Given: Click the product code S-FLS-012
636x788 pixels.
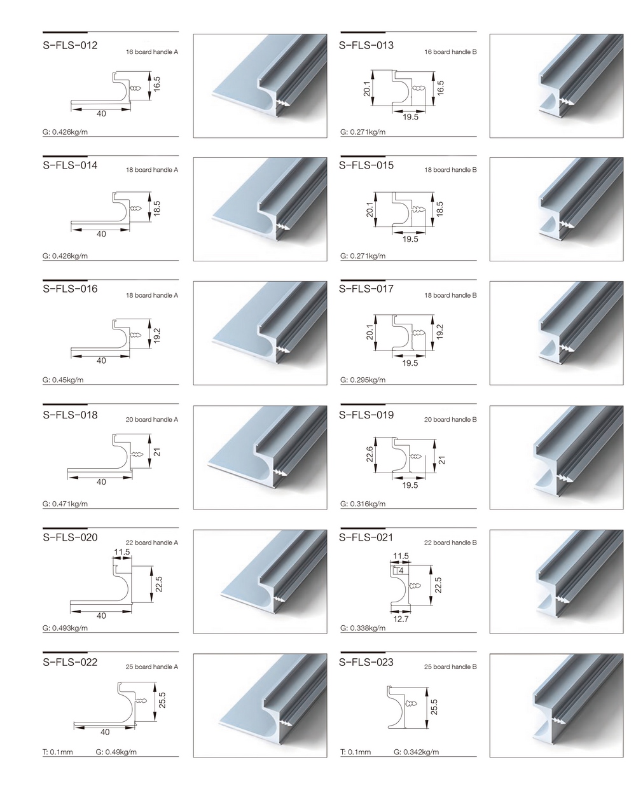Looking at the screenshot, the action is pyautogui.click(x=70, y=45).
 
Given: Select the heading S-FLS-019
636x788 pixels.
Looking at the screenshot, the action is pyautogui.click(x=366, y=415).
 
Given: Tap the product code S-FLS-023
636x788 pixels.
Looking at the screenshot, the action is pyautogui.click(x=366, y=662).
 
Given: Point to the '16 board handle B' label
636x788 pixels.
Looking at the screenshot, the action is pyautogui.click(x=450, y=52).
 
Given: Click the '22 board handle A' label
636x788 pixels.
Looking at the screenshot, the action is pyautogui.click(x=152, y=543).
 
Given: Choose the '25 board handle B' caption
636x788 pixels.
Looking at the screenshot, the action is pyautogui.click(x=450, y=667).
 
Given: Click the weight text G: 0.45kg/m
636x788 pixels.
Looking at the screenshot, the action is pyautogui.click(x=63, y=380).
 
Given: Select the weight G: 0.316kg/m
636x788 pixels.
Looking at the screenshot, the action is pyautogui.click(x=363, y=504).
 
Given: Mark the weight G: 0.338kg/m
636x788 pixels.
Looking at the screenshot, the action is pyautogui.click(x=363, y=628).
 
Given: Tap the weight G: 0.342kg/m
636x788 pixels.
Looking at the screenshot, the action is pyautogui.click(x=416, y=752).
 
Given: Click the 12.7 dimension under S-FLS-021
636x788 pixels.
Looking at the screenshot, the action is pyautogui.click(x=401, y=619).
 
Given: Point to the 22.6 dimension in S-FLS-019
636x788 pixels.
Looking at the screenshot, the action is pyautogui.click(x=370, y=454).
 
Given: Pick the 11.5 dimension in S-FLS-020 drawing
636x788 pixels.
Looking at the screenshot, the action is pyautogui.click(x=121, y=552).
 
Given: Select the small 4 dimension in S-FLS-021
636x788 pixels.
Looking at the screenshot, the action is pyautogui.click(x=401, y=571).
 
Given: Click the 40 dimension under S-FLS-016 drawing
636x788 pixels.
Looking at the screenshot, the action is pyautogui.click(x=101, y=361).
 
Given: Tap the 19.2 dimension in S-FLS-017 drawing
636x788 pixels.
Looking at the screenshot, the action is pyautogui.click(x=439, y=331).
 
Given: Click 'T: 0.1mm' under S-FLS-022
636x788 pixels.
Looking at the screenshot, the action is pyautogui.click(x=58, y=752).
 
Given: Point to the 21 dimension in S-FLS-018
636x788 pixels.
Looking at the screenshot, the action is pyautogui.click(x=157, y=452).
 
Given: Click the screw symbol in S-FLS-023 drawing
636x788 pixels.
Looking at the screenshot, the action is pyautogui.click(x=411, y=703).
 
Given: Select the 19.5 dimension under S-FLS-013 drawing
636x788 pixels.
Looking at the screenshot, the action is pyautogui.click(x=410, y=117).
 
